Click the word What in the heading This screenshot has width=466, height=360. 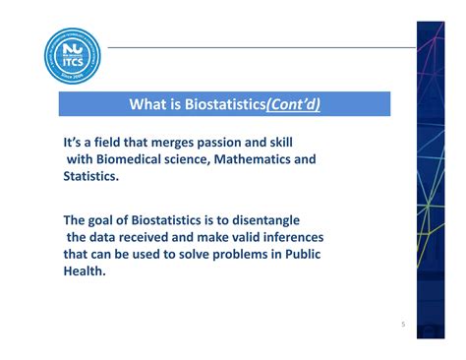click(x=148, y=105)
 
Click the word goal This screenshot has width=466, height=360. click(x=111, y=220)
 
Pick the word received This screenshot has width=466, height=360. click(x=150, y=237)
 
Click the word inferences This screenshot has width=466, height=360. click(x=290, y=237)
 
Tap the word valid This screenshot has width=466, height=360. click(x=236, y=237)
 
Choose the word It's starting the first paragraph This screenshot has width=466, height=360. click(x=75, y=143)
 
